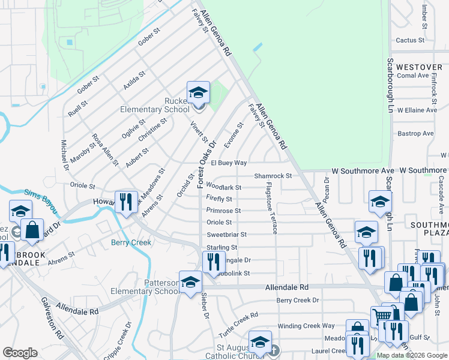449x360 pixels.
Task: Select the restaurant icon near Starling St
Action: [x=212, y=262]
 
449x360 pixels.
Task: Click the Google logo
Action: [x=20, y=353]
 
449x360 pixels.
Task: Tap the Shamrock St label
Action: [x=272, y=176]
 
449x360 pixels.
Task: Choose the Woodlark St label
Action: [x=223, y=188]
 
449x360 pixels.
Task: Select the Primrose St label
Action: [x=223, y=211]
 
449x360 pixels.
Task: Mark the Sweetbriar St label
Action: [x=226, y=235]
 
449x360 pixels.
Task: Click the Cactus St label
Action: [x=410, y=41]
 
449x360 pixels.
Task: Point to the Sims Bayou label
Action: [x=41, y=202]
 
